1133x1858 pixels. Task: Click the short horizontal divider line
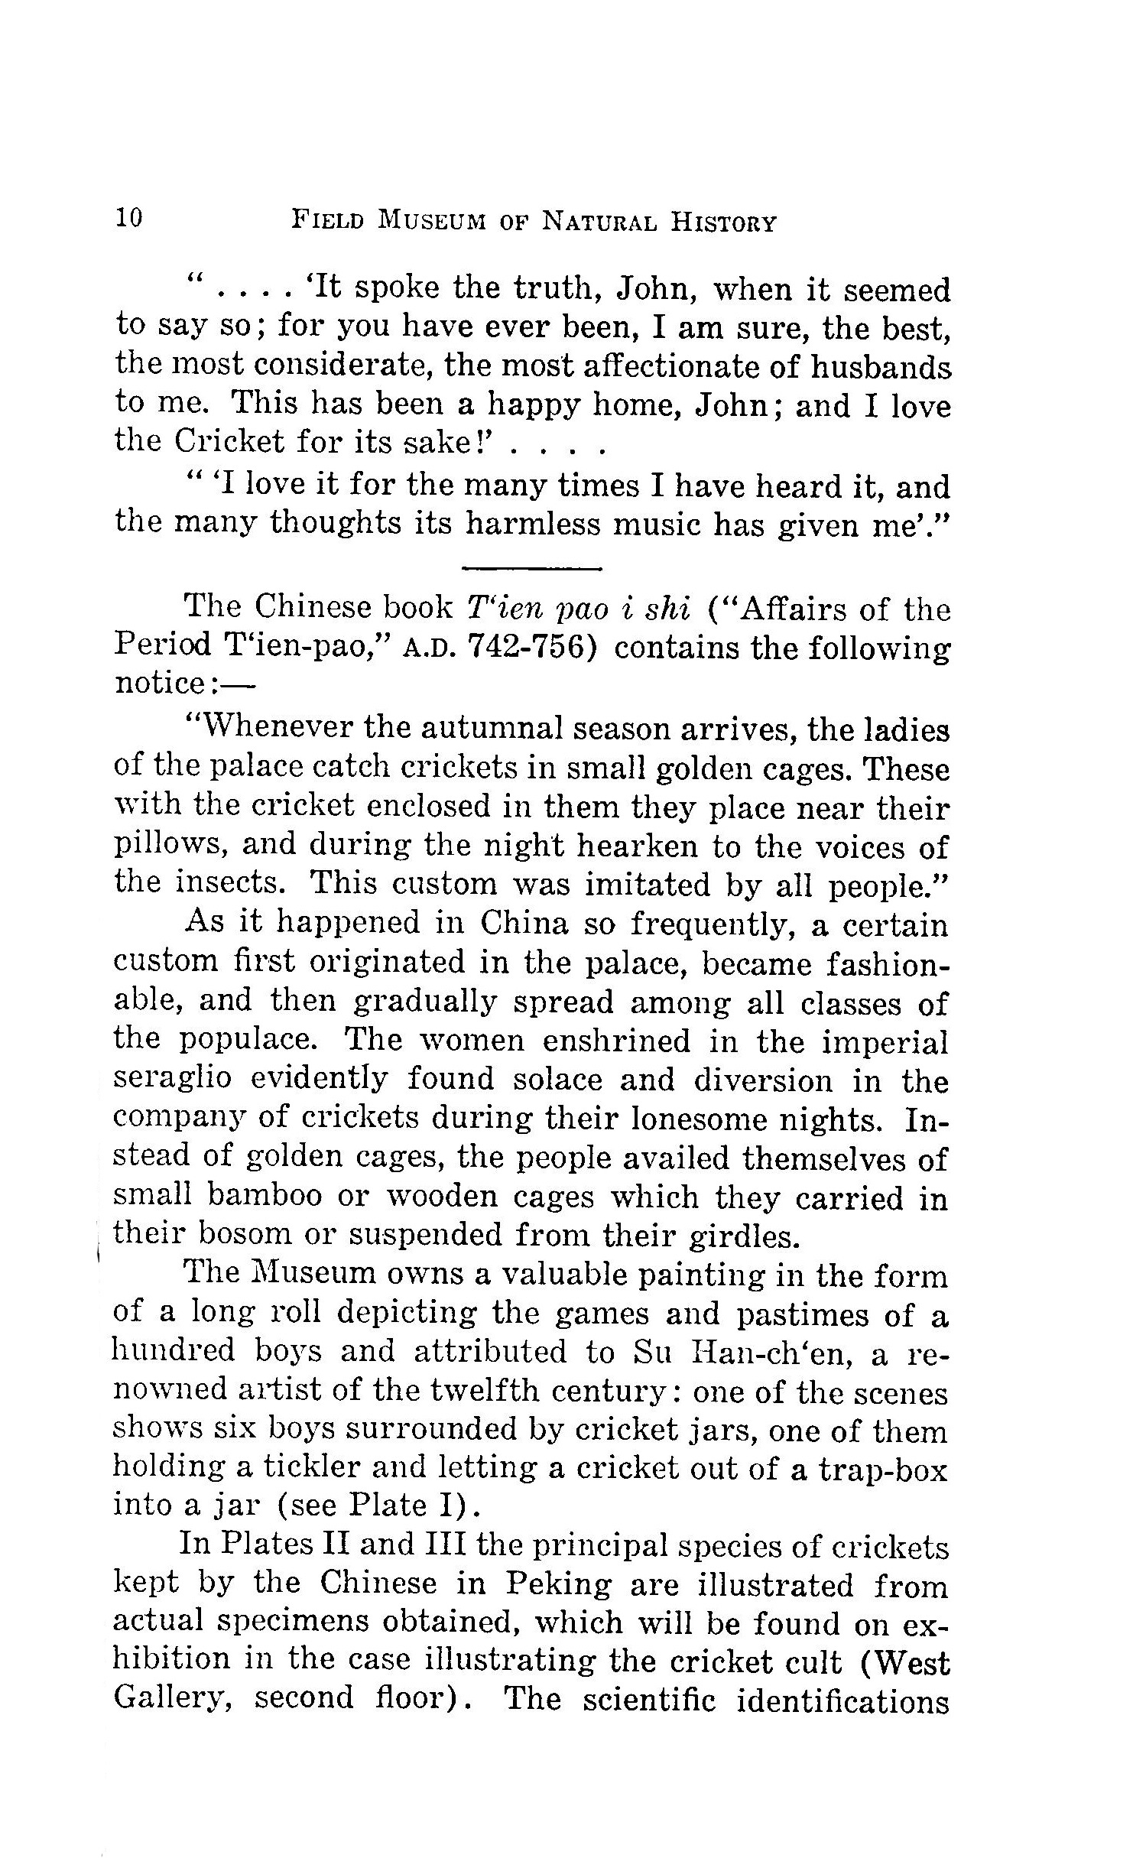(533, 568)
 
